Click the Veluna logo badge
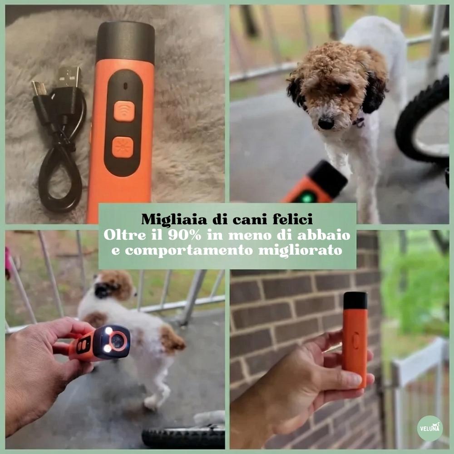(429, 428)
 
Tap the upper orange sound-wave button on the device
(124, 111)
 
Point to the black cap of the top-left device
(125, 42)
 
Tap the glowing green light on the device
(308, 197)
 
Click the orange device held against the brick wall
(355, 345)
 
